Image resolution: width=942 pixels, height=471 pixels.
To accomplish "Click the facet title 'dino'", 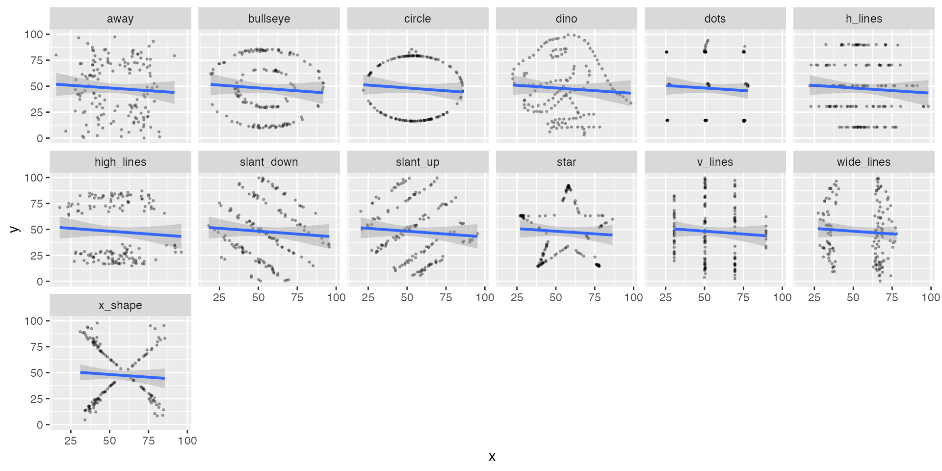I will pos(566,19).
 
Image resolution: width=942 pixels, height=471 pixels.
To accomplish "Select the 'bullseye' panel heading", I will pos(269,19).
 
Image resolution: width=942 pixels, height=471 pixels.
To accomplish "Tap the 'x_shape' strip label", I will pos(120,305).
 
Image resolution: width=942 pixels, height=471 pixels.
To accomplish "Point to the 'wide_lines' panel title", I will pos(863,162).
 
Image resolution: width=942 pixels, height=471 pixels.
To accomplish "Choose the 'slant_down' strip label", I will pos(269,162).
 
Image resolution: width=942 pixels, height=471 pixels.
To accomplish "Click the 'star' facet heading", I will pos(566,162).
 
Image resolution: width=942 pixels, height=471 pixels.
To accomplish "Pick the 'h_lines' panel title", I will pos(863,19).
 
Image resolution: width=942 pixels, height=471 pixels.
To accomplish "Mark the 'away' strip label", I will pos(120,19).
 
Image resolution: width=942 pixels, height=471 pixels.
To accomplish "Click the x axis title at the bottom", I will pos(492,457).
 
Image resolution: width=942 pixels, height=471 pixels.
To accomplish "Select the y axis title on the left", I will pos(15,229).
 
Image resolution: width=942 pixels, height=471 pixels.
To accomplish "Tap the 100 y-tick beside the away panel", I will pos(34,34).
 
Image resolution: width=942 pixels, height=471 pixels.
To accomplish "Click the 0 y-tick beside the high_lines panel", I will pos(40,282).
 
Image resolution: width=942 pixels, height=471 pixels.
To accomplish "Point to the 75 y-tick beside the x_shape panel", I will pos(37,347).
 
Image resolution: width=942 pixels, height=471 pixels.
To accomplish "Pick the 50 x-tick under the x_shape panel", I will pos(109,441).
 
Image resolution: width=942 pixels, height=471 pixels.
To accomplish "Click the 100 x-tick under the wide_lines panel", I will pos(931,297).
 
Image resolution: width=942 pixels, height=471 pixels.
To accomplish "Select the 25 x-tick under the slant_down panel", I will pos(219,297).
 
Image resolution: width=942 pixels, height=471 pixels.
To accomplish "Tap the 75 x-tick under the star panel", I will pos(595,297).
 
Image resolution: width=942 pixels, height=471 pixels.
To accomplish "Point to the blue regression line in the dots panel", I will pos(707,88).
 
